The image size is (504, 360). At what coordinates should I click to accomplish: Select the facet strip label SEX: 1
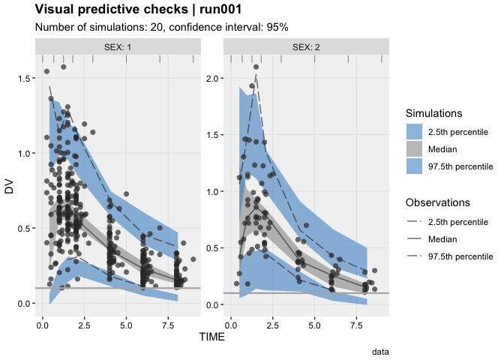tap(117, 46)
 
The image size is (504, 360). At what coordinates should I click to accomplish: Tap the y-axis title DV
tap(10, 187)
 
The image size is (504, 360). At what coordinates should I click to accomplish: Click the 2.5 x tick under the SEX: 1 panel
tap(84, 325)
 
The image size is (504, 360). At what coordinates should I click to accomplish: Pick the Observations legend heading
tap(438, 202)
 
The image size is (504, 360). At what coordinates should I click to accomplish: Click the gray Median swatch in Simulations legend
tap(415, 148)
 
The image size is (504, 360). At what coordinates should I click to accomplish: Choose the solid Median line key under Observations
tap(415, 238)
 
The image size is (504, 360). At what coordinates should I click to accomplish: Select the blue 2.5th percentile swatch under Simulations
tap(415, 131)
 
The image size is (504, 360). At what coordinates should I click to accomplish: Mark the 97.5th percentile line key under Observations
tap(415, 256)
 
